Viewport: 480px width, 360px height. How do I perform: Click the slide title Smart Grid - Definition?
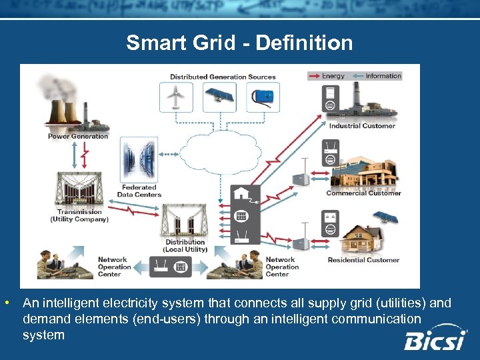coord(239,43)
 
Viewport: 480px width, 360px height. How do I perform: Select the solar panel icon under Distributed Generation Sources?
coord(219,97)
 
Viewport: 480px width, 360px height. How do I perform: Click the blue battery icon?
coord(263,97)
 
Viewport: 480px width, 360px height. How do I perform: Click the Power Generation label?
coord(77,136)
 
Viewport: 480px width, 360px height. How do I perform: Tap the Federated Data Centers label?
coord(139,191)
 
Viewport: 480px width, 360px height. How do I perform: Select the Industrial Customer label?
coord(361,125)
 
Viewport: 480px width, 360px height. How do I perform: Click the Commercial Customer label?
coord(363,193)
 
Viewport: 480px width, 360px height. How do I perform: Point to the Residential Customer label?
coord(363,260)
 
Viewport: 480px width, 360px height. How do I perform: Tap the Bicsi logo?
coord(436,339)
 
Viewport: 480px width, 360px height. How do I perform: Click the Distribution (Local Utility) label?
coord(186,246)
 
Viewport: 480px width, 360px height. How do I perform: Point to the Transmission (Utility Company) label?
coord(79,215)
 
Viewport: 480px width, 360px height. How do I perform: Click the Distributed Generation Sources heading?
coord(222,77)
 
